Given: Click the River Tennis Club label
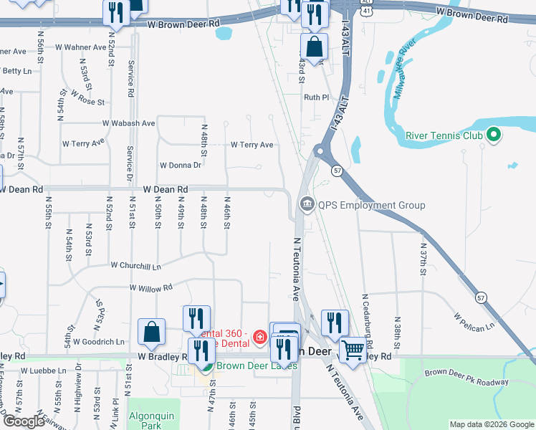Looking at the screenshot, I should point(444,135).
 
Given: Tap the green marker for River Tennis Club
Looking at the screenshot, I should point(493,134).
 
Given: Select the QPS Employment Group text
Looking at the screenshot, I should point(372,205).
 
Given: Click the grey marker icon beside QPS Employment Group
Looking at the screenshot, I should point(307,205).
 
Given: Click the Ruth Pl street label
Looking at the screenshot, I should point(316,97).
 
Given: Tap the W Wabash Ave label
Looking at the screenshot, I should point(129,123).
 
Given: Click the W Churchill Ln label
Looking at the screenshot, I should point(136,266).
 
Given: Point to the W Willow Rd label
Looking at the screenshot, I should point(151,288).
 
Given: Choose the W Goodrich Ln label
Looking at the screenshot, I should point(99,342).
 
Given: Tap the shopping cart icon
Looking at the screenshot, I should point(353,350).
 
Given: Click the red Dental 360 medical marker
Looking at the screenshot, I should point(259,338).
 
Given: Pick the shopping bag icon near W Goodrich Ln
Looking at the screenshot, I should point(152,332).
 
